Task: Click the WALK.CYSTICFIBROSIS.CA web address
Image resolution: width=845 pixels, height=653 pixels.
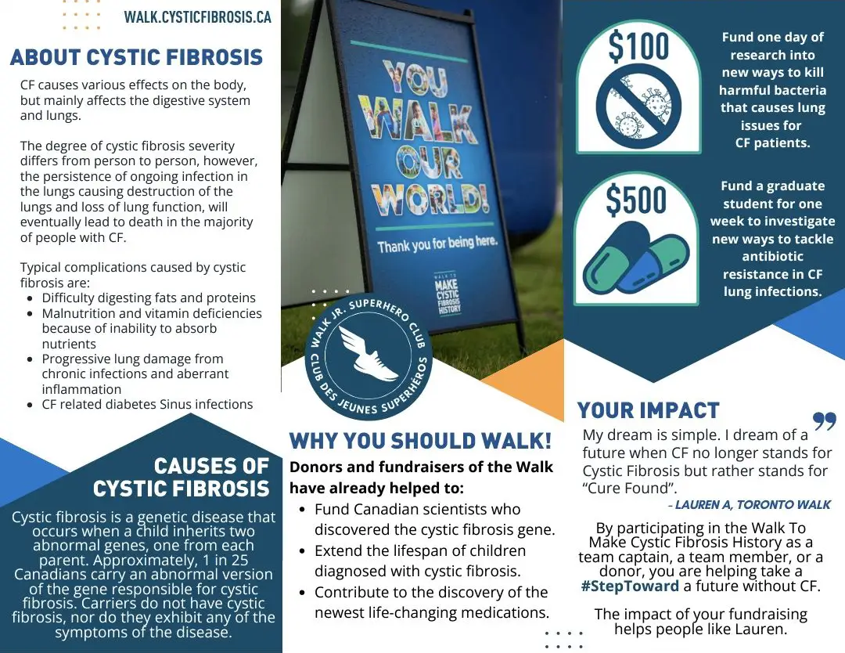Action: (197, 17)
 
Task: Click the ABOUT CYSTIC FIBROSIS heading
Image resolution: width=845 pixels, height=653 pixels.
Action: (136, 57)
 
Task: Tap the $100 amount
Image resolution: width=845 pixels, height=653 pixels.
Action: (638, 46)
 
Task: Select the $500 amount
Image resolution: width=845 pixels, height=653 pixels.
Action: (636, 200)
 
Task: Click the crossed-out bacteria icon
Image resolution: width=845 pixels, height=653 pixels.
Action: (638, 106)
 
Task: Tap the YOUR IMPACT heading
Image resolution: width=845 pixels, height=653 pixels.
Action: (649, 410)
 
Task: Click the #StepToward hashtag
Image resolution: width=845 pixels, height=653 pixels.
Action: (630, 586)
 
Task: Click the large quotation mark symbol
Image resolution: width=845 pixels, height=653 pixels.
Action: (825, 421)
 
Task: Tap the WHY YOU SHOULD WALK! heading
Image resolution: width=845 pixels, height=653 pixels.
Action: (420, 441)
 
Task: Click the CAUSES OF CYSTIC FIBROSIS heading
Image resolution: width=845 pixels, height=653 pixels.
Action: (181, 477)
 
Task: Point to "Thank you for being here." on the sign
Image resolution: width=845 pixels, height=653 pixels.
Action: (437, 244)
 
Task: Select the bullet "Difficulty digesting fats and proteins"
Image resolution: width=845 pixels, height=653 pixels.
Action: (149, 298)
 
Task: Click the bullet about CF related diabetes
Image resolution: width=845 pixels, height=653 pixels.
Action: (147, 404)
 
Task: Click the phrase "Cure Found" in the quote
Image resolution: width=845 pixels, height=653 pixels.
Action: (629, 488)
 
